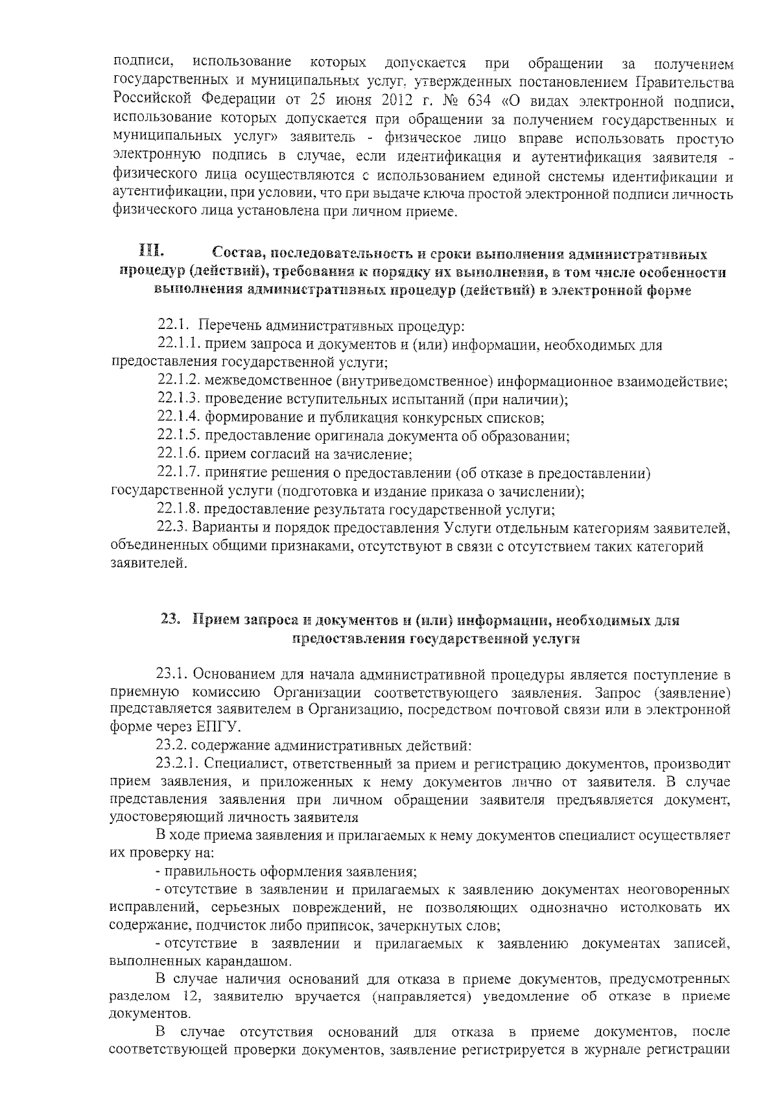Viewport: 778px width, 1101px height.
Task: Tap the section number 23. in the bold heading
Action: coord(170,620)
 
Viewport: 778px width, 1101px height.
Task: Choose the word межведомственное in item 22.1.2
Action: coord(269,381)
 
